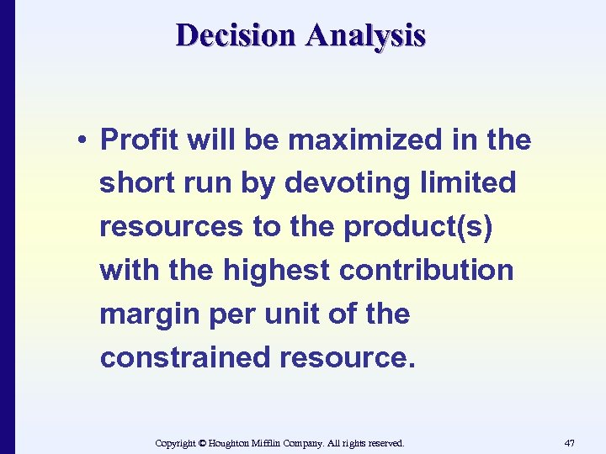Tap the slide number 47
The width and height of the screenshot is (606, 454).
coord(570,442)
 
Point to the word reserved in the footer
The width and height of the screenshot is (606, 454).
coord(384,442)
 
